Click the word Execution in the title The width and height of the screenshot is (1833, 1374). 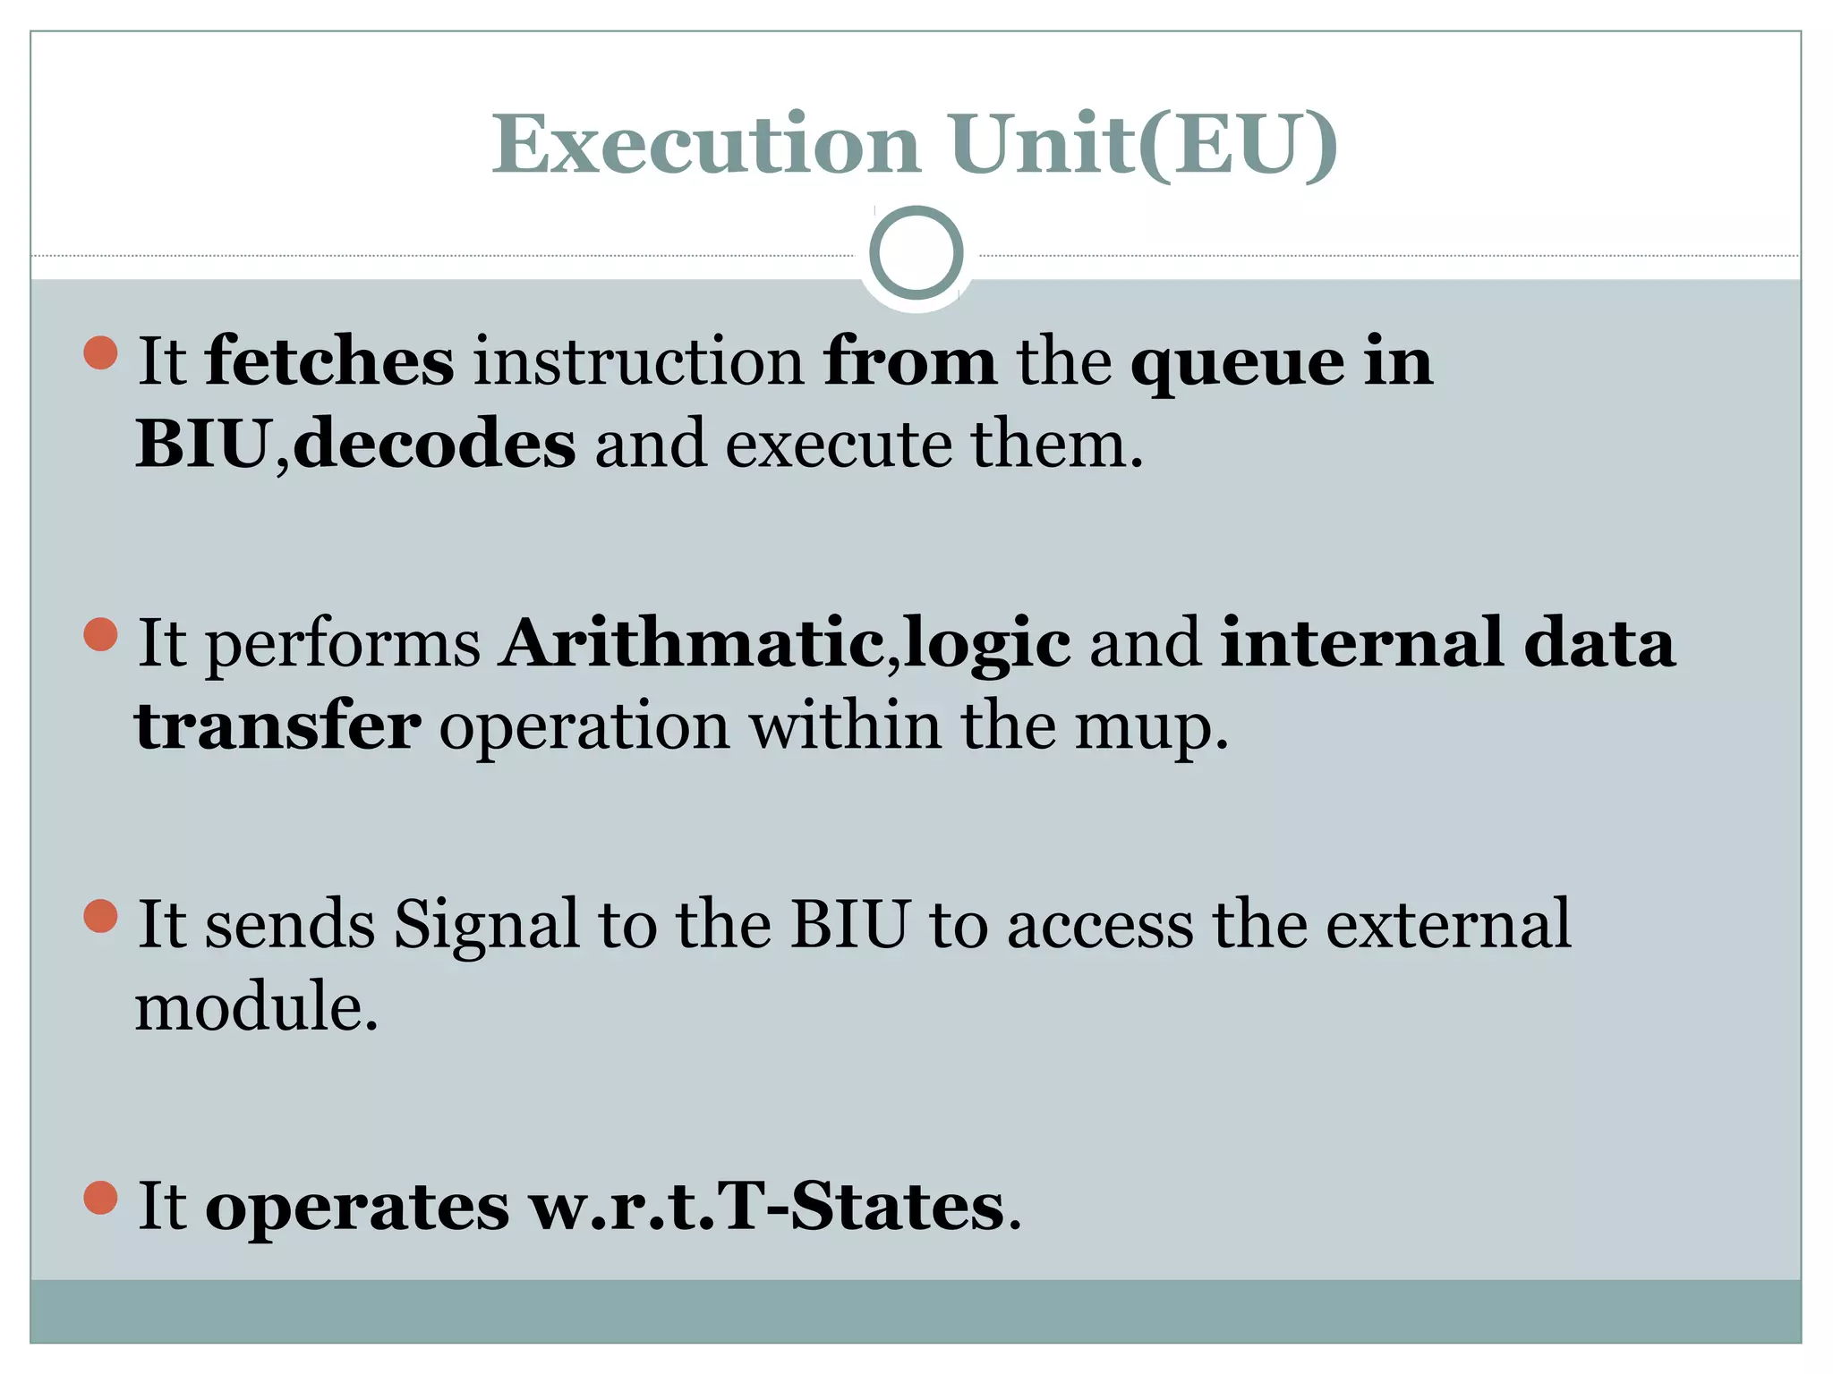click(x=705, y=145)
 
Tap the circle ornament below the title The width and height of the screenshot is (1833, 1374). click(x=916, y=253)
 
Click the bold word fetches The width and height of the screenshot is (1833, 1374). click(x=329, y=361)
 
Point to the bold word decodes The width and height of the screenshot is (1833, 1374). click(x=434, y=444)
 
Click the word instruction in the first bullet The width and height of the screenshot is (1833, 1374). click(x=638, y=361)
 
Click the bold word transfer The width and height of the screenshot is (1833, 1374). click(x=277, y=725)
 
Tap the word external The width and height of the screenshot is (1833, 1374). click(x=1448, y=924)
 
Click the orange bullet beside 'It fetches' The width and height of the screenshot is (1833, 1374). click(x=100, y=352)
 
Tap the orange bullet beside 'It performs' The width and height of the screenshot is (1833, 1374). click(x=100, y=635)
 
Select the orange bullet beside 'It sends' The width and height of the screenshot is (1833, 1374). click(x=100, y=916)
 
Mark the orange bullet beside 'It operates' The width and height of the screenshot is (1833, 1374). click(x=100, y=1198)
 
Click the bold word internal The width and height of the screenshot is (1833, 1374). click(x=1361, y=643)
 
